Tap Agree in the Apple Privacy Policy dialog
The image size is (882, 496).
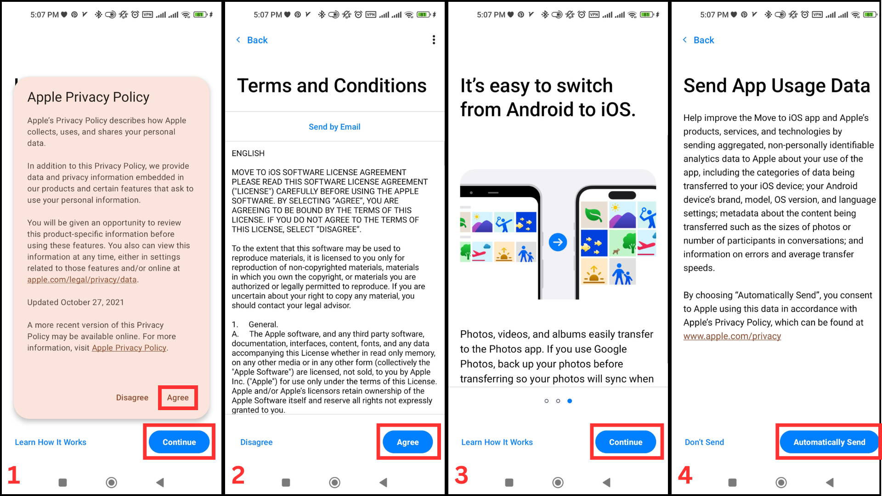pyautogui.click(x=178, y=398)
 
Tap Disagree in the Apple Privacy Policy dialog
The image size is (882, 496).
pyautogui.click(x=132, y=398)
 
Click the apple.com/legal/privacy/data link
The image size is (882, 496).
pyautogui.click(x=82, y=280)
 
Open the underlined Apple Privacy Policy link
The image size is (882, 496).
pyautogui.click(x=129, y=348)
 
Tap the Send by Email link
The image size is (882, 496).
pyautogui.click(x=334, y=127)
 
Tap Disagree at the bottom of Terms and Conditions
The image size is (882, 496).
pyautogui.click(x=256, y=442)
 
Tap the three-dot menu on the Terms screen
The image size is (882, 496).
pyautogui.click(x=434, y=40)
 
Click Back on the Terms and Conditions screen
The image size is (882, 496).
pyautogui.click(x=252, y=40)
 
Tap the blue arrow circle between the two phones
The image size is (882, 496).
pyautogui.click(x=558, y=242)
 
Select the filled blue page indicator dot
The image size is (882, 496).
pyautogui.click(x=570, y=401)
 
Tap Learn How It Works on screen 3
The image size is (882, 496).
pyautogui.click(x=497, y=442)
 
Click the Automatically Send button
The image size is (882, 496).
pyautogui.click(x=829, y=442)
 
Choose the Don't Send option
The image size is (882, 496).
pyautogui.click(x=704, y=442)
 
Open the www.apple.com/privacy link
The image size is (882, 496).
pyautogui.click(x=732, y=336)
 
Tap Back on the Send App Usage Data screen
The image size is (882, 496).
pyautogui.click(x=698, y=40)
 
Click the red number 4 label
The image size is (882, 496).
pyautogui.click(x=685, y=475)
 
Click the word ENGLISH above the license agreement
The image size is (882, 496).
pyautogui.click(x=248, y=153)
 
